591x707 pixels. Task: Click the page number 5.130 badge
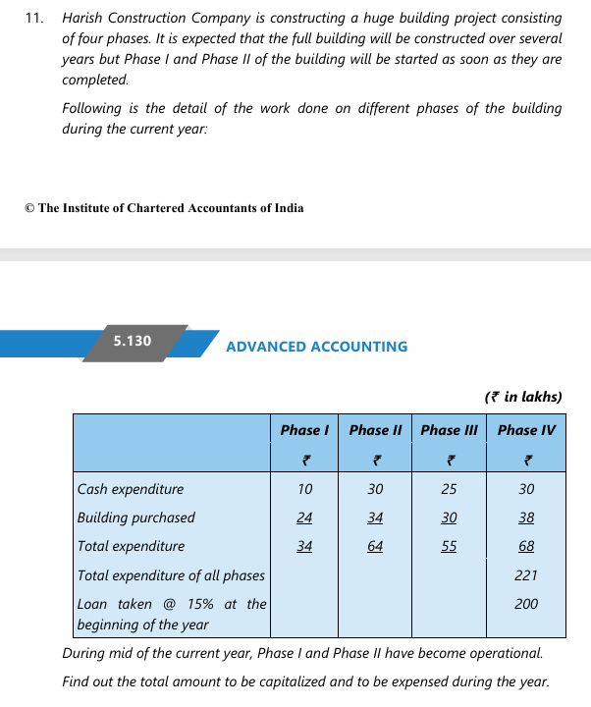133,341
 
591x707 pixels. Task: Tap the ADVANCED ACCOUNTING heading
316,347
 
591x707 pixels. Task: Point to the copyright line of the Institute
164,208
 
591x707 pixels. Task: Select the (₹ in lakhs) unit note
523,398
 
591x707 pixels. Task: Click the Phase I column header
304,430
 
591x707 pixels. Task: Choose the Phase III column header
449,430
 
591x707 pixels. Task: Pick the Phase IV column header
526,430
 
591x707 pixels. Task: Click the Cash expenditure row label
131,489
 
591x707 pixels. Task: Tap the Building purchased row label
136,517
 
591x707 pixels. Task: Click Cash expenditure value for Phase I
304,489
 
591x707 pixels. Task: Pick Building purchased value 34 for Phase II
375,517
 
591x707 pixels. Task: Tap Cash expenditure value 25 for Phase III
449,489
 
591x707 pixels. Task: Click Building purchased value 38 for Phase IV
526,517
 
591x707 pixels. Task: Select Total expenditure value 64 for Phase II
375,546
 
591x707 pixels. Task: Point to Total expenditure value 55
449,546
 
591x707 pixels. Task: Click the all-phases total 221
526,574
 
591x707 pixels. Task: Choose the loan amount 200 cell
526,603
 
